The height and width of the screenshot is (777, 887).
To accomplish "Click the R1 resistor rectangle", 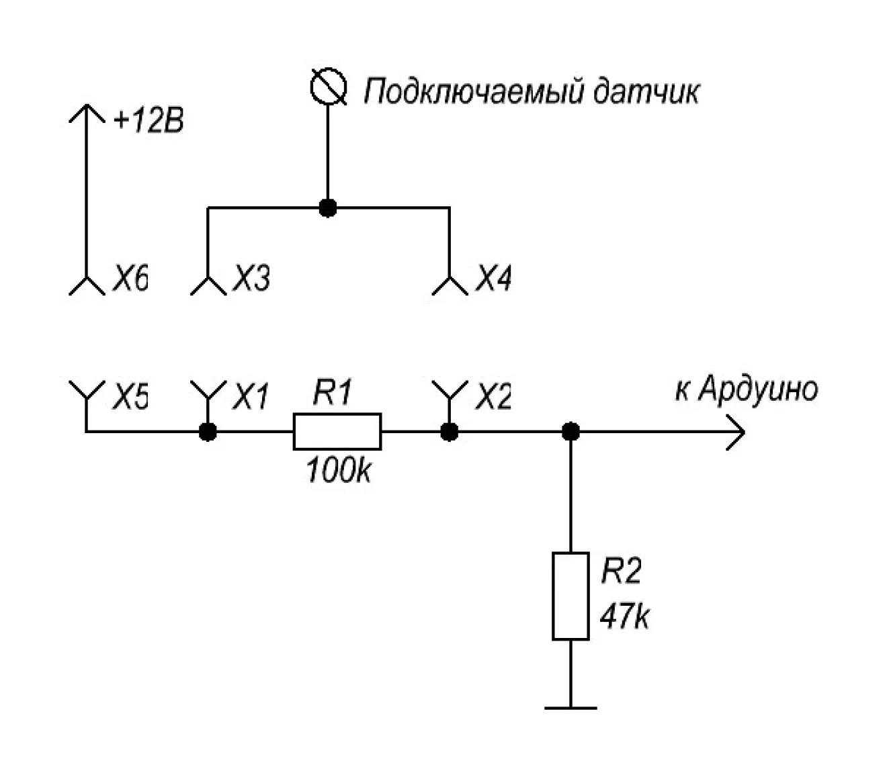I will pos(337,431).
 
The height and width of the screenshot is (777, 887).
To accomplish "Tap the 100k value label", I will pos(338,470).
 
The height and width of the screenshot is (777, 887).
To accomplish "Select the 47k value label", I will pos(625,617).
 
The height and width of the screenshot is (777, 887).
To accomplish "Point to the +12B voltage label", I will pos(148,122).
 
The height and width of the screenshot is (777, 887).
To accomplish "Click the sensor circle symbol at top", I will pos(329,87).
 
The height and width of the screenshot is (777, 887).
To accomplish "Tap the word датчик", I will pos(645,91).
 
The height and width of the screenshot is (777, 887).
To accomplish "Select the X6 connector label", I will pos(130,279).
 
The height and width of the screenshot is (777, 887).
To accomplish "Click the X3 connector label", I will pos(251,279).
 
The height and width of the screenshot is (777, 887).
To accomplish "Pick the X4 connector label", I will pos(493,278).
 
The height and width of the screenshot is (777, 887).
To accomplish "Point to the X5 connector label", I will pos(130,398).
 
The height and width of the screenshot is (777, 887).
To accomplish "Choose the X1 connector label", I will pos(251,398).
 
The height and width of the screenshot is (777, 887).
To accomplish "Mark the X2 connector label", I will pos(493,398).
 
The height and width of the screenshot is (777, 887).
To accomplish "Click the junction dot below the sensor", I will pos(328,208).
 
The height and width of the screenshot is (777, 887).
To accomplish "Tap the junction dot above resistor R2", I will pos(571,431).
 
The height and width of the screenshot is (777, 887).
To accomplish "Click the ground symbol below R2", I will pos(571,707).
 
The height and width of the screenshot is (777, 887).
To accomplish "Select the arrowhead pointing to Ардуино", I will pos(736,431).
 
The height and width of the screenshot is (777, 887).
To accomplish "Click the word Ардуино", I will pos(758,390).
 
